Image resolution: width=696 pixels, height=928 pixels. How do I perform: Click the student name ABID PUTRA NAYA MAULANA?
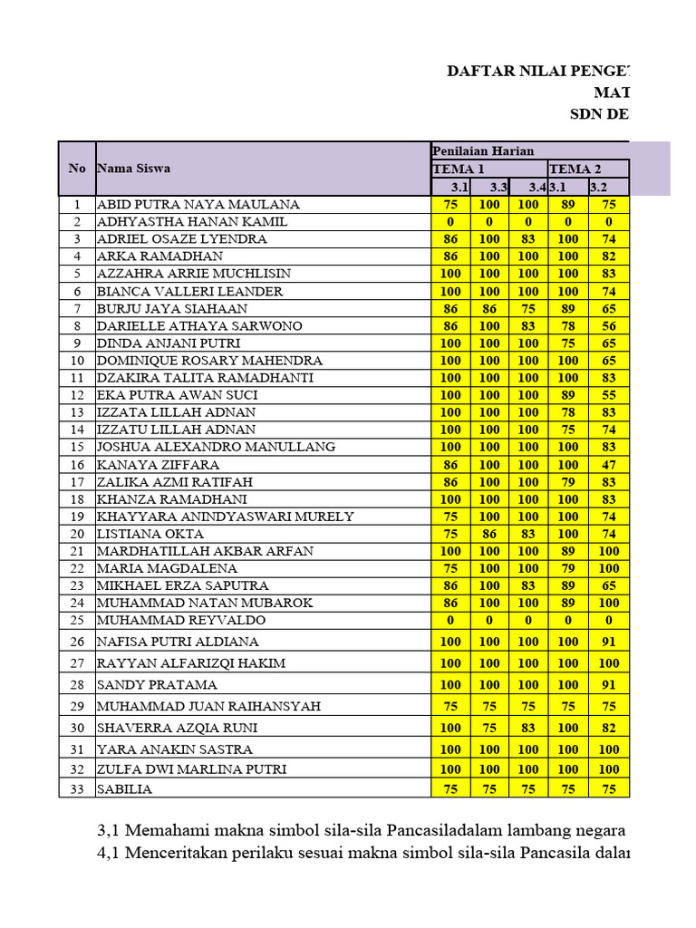[x=198, y=205]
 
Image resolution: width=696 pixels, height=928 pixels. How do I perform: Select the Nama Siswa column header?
[x=133, y=168]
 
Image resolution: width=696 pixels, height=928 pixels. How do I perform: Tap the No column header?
[x=77, y=168]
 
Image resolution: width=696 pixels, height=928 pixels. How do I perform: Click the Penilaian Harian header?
[x=483, y=150]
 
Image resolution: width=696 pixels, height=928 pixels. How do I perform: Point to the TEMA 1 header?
[x=459, y=169]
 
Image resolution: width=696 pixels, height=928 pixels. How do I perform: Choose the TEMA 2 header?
[x=575, y=169]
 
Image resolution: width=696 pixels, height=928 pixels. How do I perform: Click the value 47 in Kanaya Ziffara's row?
[x=609, y=465]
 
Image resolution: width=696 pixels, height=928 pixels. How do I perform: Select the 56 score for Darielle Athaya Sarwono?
[x=609, y=326]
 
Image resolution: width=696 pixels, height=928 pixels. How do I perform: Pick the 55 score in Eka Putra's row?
[x=609, y=395]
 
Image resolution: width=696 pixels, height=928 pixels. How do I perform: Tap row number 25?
[x=77, y=621]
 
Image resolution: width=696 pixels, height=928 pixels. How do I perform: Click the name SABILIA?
[x=124, y=789]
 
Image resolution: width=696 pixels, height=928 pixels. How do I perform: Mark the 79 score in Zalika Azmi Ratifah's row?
[x=568, y=482]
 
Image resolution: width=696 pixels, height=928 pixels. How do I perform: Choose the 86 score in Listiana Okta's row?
[x=489, y=535]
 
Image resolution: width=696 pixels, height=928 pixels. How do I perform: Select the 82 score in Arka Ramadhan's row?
[x=609, y=256]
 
